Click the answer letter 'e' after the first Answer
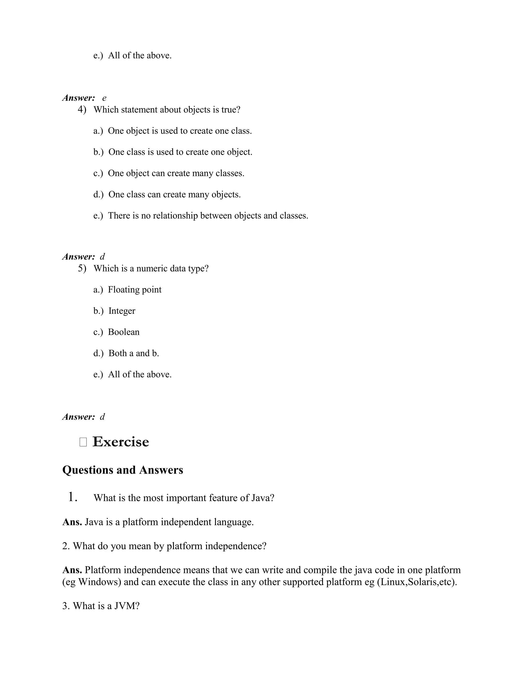(104, 98)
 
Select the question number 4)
(82, 110)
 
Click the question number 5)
(82, 268)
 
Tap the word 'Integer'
(122, 311)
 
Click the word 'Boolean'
(123, 332)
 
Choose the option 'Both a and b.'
(134, 353)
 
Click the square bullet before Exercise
(83, 442)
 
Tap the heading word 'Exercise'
(121, 442)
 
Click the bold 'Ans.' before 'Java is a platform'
(72, 522)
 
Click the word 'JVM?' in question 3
(127, 606)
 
